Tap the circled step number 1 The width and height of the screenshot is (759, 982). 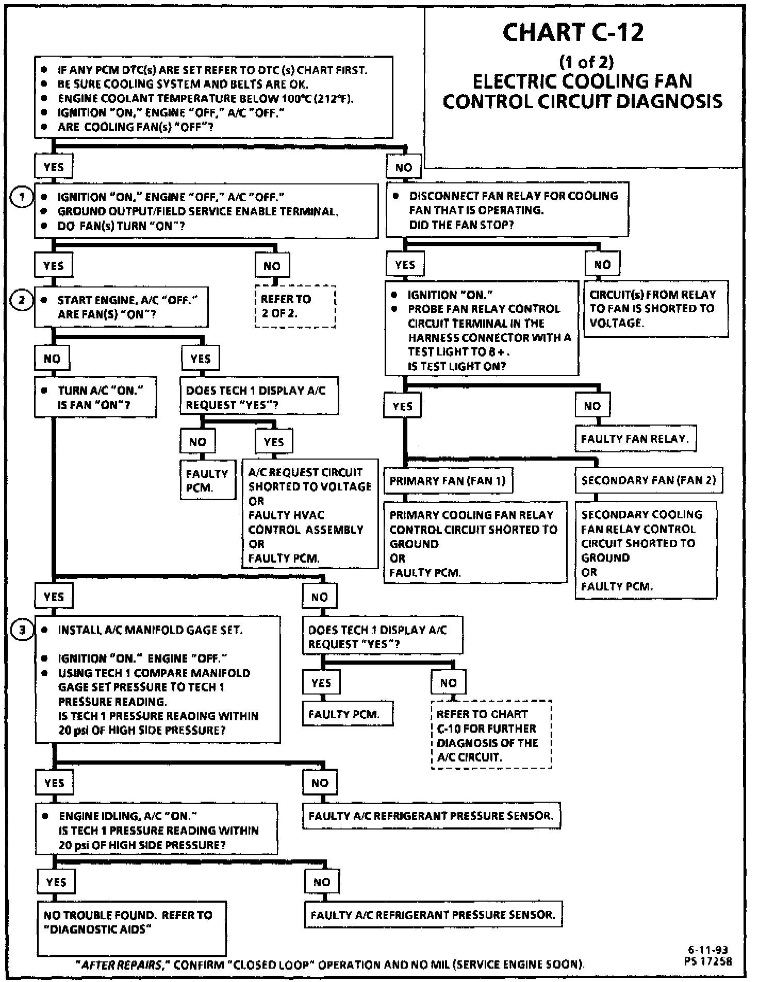pos(22,197)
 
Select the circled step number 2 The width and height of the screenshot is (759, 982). pos(22,300)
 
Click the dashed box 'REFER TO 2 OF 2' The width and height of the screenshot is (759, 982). pos(295,307)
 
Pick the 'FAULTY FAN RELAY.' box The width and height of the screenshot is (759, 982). pos(635,439)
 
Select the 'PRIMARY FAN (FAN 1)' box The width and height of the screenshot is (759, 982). pos(448,481)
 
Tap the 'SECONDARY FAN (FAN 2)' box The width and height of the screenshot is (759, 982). pos(648,480)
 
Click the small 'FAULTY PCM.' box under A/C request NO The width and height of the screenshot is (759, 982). pos(207,480)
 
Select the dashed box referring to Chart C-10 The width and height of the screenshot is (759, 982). pos(491,735)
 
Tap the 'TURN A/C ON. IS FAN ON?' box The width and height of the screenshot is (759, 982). pos(95,397)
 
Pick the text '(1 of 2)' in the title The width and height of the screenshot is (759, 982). pos(586,62)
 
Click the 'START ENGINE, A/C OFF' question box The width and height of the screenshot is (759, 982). pos(121,307)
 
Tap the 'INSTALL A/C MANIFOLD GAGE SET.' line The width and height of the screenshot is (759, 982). pos(150,630)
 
